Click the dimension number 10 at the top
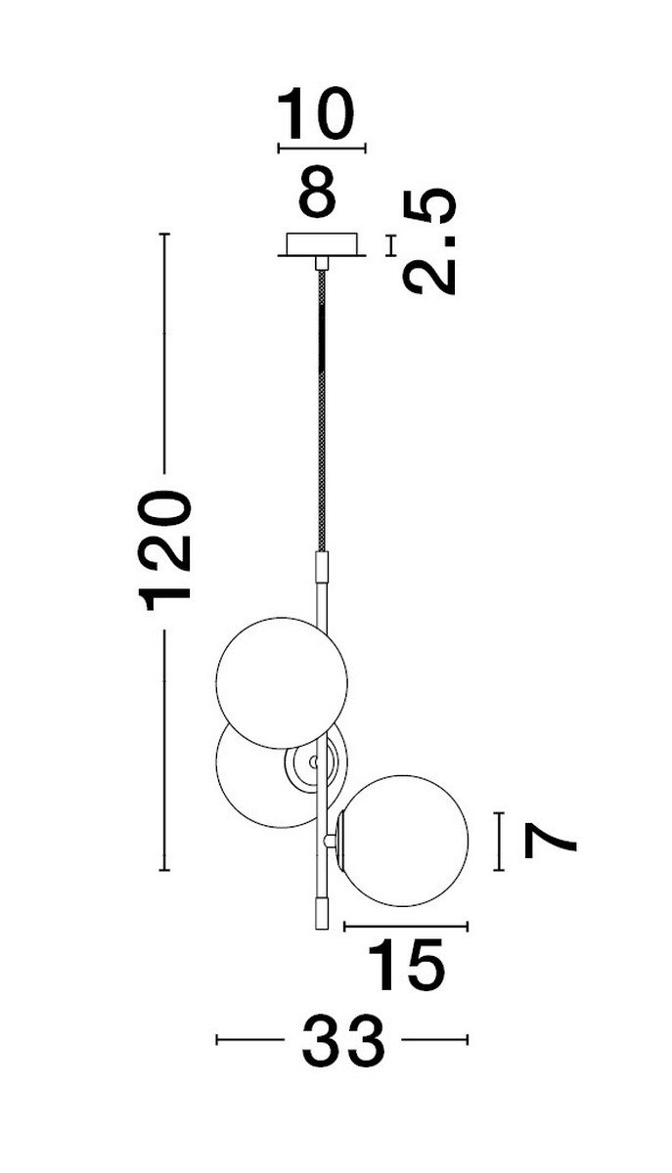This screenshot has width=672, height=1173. (x=316, y=113)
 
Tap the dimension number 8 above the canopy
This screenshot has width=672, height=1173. (x=317, y=191)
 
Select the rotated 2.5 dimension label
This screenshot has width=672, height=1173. (x=429, y=241)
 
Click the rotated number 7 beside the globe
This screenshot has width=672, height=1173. (x=550, y=842)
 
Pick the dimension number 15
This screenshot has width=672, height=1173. (x=406, y=964)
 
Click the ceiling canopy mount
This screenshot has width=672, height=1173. (x=321, y=245)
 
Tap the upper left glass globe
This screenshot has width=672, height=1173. (x=282, y=683)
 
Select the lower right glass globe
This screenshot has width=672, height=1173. (x=404, y=841)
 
